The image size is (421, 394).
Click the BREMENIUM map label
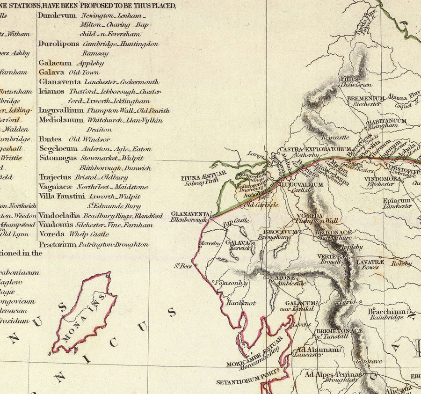(x=365, y=99)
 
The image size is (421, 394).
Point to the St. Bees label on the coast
(x=184, y=266)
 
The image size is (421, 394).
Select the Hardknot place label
(x=241, y=303)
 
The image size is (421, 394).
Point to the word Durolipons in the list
(x=58, y=44)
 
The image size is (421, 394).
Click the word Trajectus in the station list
(x=55, y=177)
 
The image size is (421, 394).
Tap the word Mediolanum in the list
(x=61, y=120)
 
